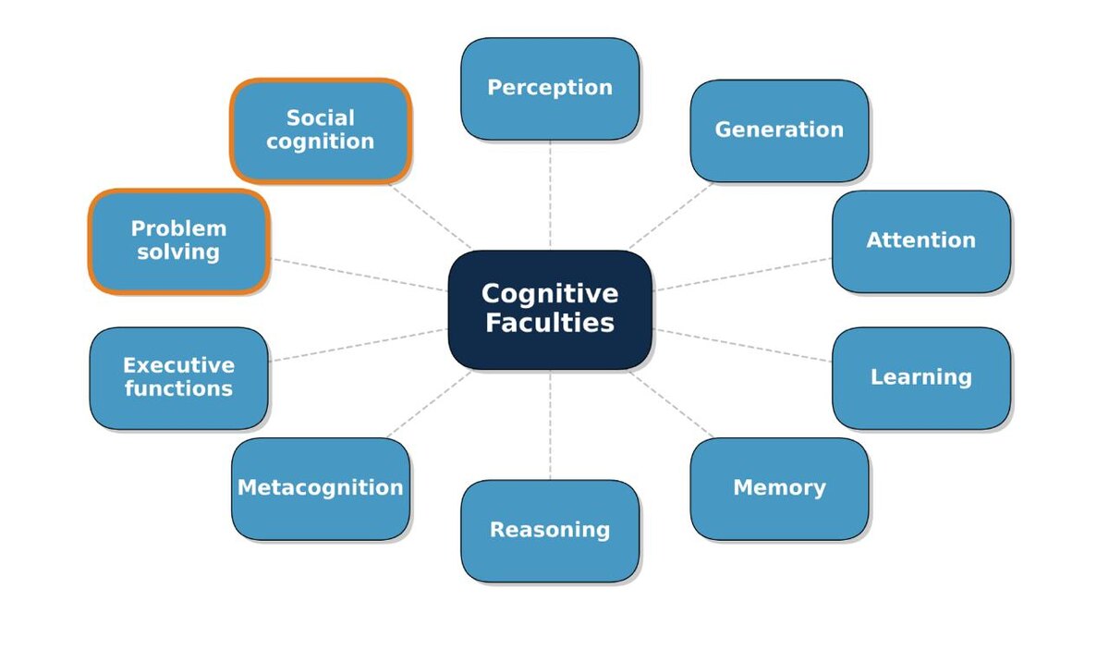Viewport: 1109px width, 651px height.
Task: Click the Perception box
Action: [x=550, y=89]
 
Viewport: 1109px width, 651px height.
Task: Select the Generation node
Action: [x=779, y=130]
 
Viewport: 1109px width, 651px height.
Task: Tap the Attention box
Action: [x=920, y=241]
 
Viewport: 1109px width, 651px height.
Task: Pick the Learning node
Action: [x=920, y=377]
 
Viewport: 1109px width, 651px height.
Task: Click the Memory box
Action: [x=779, y=488]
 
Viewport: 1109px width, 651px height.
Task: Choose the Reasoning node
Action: [x=550, y=531]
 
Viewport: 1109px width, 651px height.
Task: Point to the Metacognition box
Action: [x=321, y=488]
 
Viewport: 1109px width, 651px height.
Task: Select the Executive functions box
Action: [x=178, y=377]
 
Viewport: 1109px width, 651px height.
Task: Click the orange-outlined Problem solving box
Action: [x=178, y=241]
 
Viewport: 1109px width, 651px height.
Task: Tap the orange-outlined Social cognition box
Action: [x=320, y=130]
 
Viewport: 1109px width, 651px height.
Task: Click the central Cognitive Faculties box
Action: [x=550, y=310]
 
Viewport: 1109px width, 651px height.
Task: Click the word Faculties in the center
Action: [x=550, y=324]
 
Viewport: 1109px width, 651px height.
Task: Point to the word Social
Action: [x=320, y=118]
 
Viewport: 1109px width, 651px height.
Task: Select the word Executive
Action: [x=178, y=365]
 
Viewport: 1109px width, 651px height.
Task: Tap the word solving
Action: [x=178, y=252]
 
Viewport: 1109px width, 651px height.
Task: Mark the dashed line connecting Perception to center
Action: [x=550, y=194]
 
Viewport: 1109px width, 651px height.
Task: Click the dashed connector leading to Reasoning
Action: [x=550, y=425]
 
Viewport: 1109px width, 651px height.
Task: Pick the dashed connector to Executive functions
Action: [x=360, y=344]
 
